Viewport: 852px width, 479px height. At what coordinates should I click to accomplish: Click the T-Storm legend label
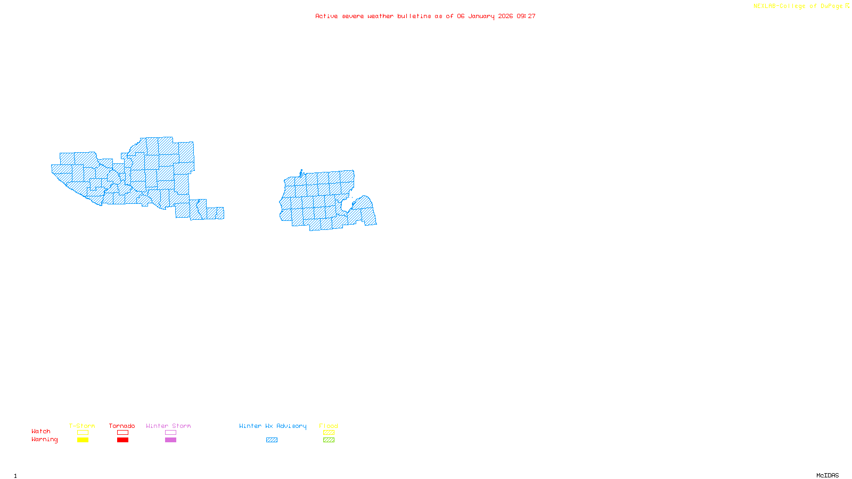(x=82, y=426)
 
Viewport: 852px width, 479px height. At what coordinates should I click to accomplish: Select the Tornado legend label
(x=122, y=426)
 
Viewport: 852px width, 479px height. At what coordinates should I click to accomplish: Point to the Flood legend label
(x=329, y=426)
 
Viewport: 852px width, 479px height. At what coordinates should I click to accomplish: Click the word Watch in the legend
(x=41, y=431)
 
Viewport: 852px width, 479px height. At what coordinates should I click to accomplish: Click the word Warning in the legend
(x=45, y=440)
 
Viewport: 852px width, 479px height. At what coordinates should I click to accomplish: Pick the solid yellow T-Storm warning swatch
(x=83, y=440)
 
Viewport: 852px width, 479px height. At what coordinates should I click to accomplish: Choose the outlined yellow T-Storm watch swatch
(x=83, y=433)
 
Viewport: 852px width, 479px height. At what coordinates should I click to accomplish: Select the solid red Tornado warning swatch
(x=122, y=440)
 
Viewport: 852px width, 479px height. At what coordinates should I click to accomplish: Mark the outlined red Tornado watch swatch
(x=122, y=433)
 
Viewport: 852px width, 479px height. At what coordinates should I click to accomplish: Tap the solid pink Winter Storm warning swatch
(x=170, y=440)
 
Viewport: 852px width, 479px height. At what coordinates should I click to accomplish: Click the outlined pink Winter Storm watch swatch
(x=170, y=433)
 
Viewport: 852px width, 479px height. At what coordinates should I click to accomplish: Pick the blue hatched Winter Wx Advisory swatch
(x=272, y=440)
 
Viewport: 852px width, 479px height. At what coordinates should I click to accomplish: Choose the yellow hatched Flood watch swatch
(x=329, y=433)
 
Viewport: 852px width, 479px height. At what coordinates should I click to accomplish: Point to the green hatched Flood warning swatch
(x=329, y=440)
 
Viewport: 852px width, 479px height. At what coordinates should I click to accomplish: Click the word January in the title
(x=481, y=16)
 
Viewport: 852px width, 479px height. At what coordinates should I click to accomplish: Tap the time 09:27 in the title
(x=526, y=16)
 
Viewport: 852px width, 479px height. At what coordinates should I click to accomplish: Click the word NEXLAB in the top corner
(x=765, y=6)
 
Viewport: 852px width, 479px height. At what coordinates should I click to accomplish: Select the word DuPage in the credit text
(x=831, y=6)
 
